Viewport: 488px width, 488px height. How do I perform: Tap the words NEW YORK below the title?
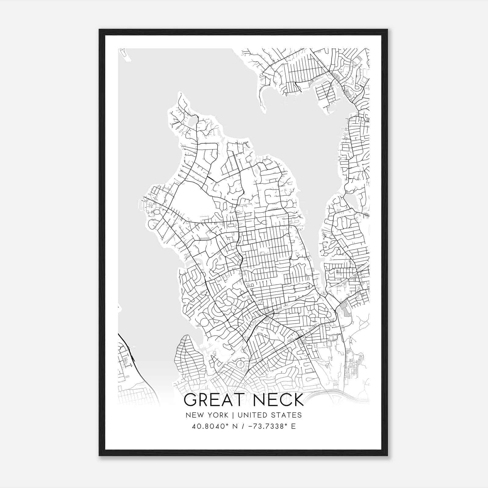(x=206, y=415)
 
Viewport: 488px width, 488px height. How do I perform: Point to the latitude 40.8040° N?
(x=210, y=426)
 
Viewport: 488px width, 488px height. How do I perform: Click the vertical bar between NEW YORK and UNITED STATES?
(x=232, y=415)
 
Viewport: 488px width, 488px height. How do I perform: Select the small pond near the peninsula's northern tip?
(x=193, y=121)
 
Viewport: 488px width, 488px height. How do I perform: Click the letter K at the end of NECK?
(x=298, y=400)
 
